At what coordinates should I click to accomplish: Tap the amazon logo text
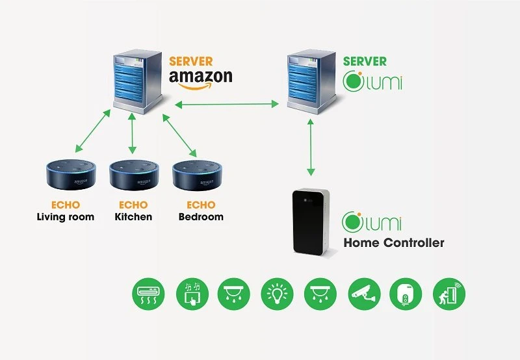point(200,77)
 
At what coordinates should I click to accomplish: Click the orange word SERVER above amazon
point(190,61)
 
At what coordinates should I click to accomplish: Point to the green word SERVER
point(364,62)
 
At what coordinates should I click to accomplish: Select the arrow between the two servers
point(227,103)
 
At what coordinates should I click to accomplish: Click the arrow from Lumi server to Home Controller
point(311,149)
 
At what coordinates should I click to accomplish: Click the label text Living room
point(65,216)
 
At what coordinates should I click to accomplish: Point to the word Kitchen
point(133,216)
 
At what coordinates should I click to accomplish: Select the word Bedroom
point(201,216)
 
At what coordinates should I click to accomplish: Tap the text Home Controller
point(393,243)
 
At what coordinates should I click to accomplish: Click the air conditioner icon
point(149,295)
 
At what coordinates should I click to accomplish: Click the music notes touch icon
point(192,295)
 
